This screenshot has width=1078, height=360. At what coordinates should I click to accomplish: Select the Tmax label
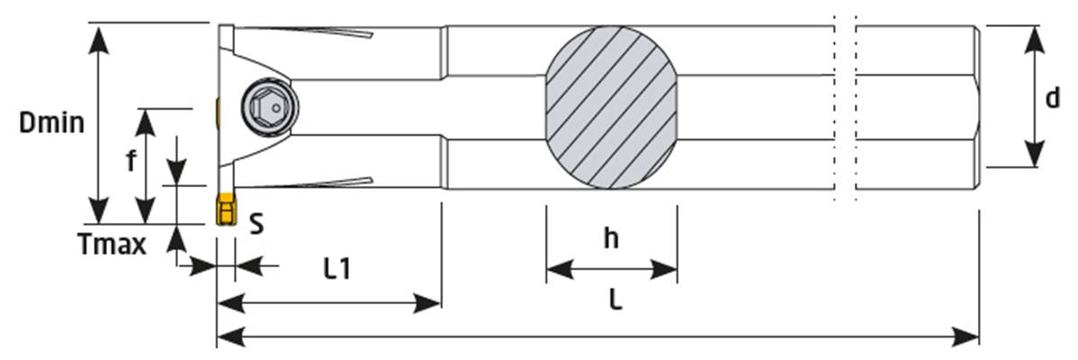[x=113, y=245]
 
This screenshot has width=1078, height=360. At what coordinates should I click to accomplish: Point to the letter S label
[x=256, y=223]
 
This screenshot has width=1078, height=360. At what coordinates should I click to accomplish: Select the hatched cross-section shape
[x=611, y=109]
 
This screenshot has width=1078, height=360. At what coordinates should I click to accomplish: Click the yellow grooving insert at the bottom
[x=225, y=210]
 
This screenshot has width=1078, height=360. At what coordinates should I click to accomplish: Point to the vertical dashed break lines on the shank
[x=845, y=108]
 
